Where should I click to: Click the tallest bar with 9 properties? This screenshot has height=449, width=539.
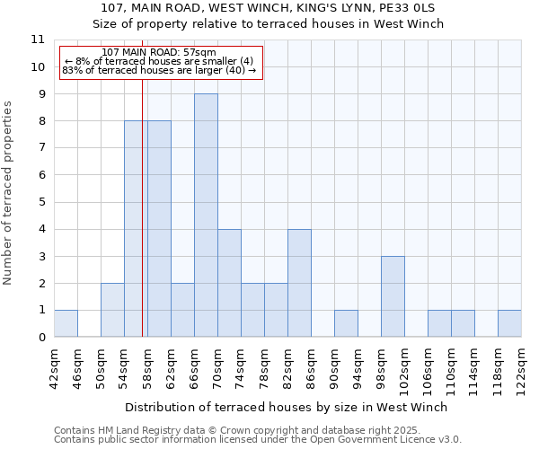coord(206,216)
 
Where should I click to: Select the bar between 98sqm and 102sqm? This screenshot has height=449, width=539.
coord(393,296)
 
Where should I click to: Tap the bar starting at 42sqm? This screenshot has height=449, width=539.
coord(66,323)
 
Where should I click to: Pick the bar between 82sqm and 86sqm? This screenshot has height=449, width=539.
coord(299,283)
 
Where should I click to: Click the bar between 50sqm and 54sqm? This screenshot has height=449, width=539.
coord(112,310)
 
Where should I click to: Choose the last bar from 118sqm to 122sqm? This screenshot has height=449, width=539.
coord(509,323)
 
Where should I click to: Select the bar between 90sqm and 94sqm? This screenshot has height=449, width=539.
coord(346,323)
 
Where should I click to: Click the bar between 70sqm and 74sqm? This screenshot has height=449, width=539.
coord(229,283)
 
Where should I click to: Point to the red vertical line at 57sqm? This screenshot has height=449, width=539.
coord(142,224)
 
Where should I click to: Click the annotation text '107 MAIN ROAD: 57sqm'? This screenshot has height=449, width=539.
coord(159,53)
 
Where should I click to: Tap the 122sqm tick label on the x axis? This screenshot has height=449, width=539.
coord(522,370)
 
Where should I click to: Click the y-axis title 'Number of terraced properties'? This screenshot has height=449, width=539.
coord(9,192)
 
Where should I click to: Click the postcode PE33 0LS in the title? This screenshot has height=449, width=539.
coord(409,7)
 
